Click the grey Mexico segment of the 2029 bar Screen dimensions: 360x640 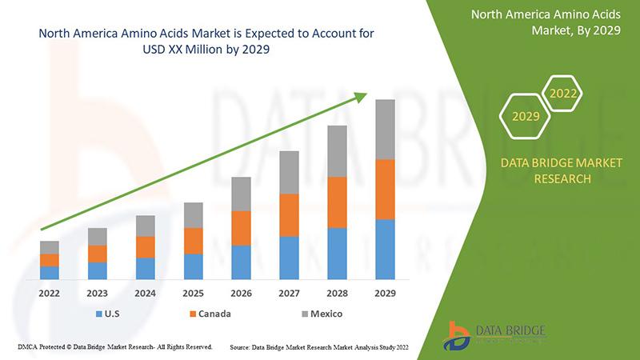[x=385, y=130]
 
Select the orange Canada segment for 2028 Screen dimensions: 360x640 [x=337, y=202]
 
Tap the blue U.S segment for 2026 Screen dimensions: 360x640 [x=242, y=262]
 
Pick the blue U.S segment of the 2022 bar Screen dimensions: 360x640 [x=50, y=273]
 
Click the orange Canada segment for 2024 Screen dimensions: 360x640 [x=146, y=247]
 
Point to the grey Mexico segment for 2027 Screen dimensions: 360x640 [x=289, y=172]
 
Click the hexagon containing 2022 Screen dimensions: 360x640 [x=562, y=94]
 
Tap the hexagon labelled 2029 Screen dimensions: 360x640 [x=525, y=116]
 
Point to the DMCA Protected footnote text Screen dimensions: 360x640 [x=114, y=347]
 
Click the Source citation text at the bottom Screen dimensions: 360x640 [x=321, y=347]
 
